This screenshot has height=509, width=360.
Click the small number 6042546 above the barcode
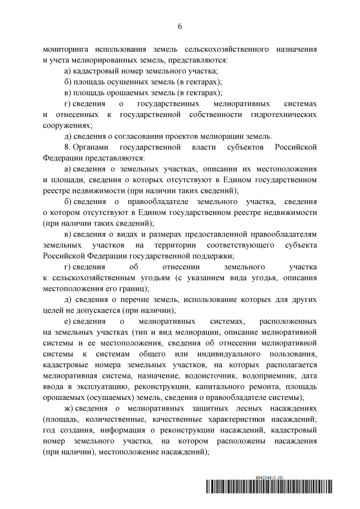264,477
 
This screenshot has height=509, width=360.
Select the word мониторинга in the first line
66,49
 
